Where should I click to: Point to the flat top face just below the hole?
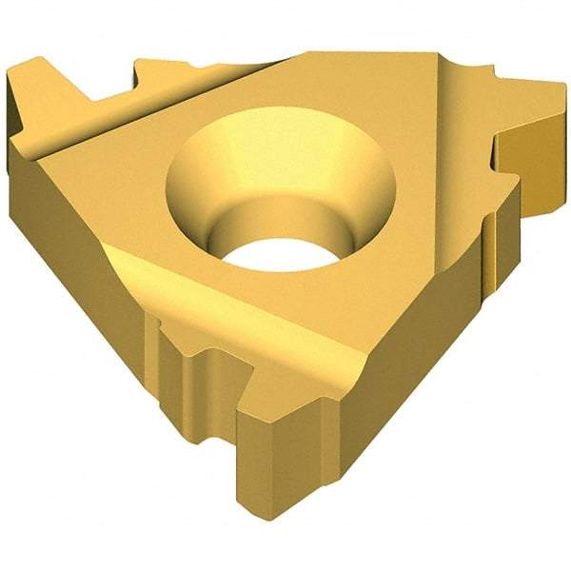[x=285, y=305]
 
